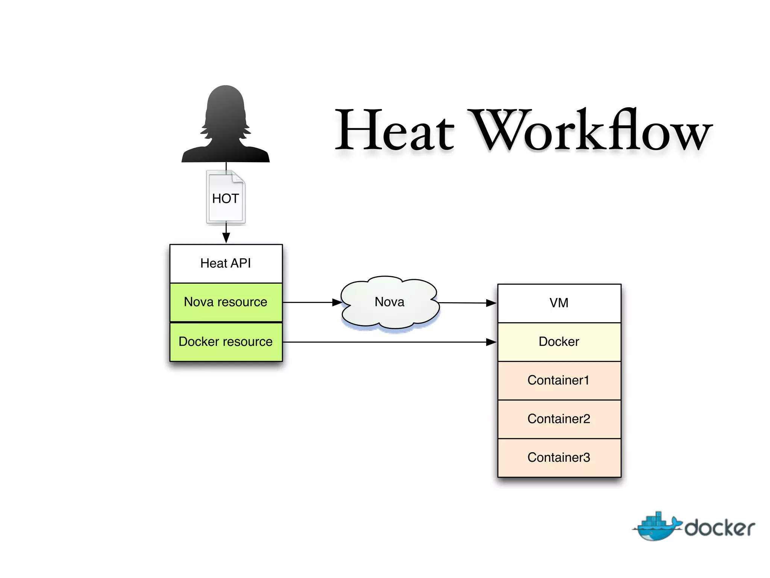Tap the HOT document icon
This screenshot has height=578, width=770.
pyautogui.click(x=226, y=198)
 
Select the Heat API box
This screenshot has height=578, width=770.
pyautogui.click(x=226, y=263)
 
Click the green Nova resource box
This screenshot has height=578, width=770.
pyautogui.click(x=226, y=302)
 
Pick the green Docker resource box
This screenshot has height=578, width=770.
pyautogui.click(x=226, y=342)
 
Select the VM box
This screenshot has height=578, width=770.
pyautogui.click(x=559, y=303)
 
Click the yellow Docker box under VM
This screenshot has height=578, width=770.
pyautogui.click(x=559, y=342)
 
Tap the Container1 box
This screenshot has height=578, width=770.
pyautogui.click(x=559, y=380)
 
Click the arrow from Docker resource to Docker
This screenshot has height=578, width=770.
pyautogui.click(x=387, y=342)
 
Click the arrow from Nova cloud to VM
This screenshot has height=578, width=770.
pyautogui.click(x=466, y=303)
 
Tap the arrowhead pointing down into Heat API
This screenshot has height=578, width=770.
pyautogui.click(x=226, y=237)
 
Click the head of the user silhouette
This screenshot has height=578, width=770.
pyautogui.click(x=226, y=109)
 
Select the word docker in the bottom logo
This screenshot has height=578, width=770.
pyautogui.click(x=720, y=528)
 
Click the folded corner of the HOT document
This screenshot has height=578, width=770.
pyautogui.click(x=238, y=177)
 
